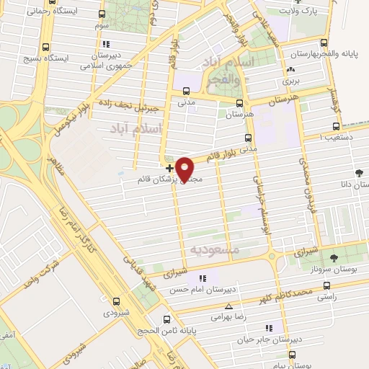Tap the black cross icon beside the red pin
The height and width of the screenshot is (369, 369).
point(169,168)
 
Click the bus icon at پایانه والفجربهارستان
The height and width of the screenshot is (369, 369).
point(324,43)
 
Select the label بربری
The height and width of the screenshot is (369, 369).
point(290,82)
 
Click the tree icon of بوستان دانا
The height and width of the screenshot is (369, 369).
point(359,173)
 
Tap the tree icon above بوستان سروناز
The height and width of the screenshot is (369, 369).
point(333,257)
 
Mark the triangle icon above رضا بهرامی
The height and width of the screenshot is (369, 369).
point(228,306)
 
